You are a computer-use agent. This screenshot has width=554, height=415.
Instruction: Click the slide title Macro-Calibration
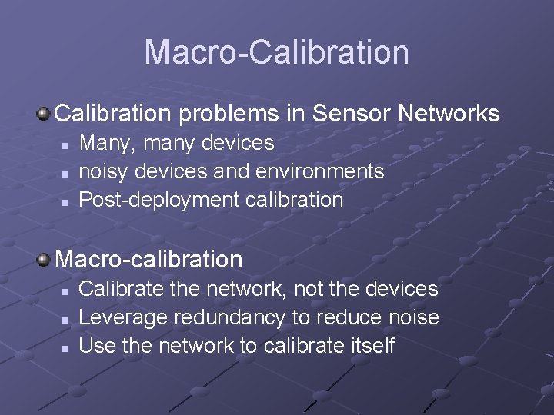(276, 52)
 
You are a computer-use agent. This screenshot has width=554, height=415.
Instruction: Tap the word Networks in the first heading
(449, 114)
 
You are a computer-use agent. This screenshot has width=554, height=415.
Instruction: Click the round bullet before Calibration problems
(45, 115)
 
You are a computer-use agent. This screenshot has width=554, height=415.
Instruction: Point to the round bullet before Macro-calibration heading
(45, 260)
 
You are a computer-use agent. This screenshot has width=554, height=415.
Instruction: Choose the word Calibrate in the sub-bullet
(122, 289)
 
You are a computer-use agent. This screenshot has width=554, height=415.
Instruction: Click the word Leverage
(123, 318)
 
